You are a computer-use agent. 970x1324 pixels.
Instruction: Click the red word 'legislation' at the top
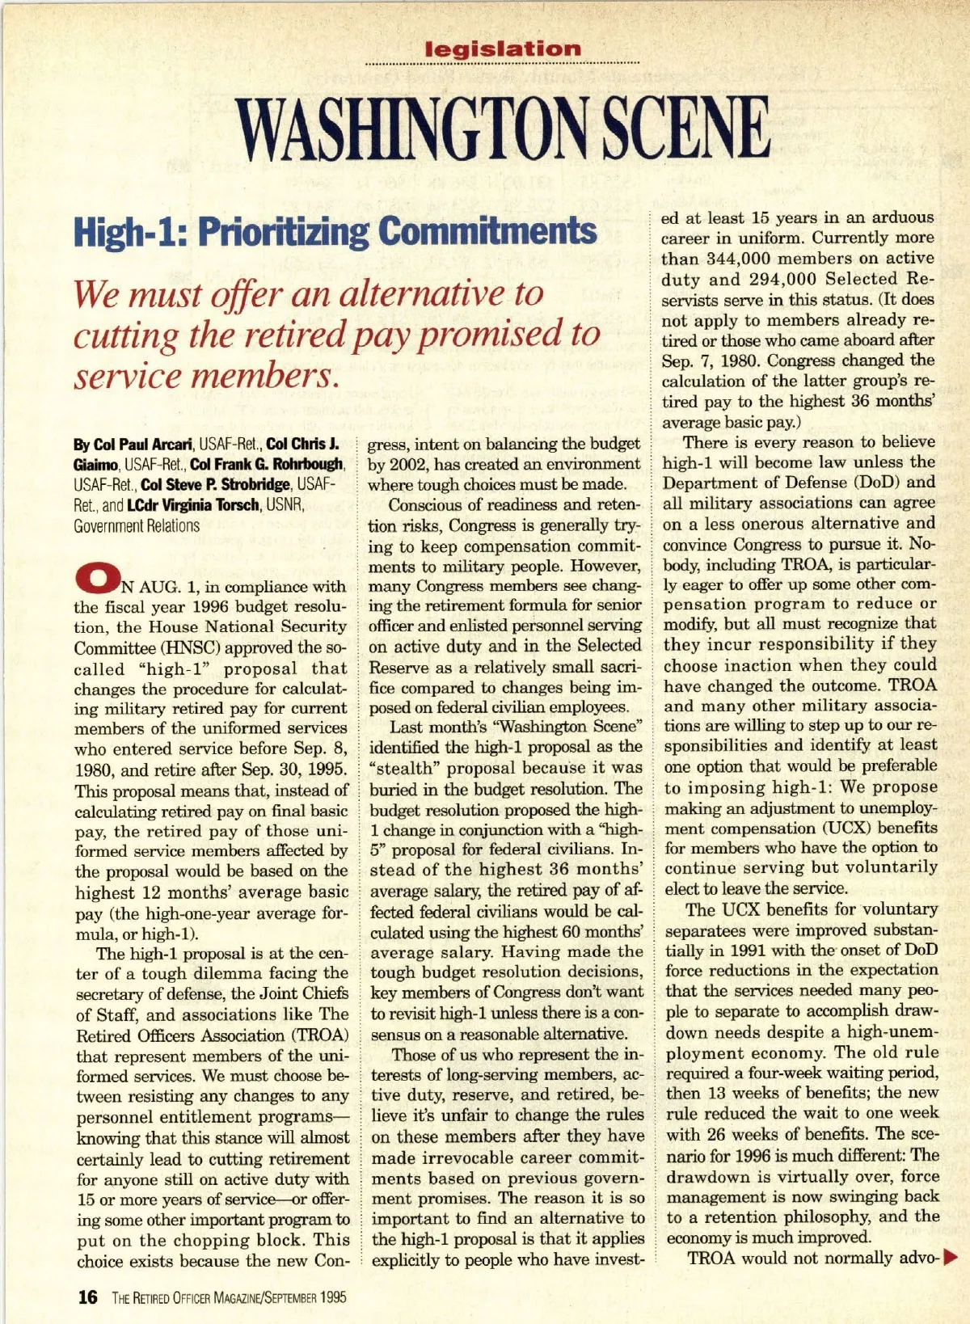(x=503, y=49)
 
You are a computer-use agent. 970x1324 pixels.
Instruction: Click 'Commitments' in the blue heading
(x=487, y=231)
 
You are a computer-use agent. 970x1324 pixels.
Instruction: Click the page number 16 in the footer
(x=86, y=1297)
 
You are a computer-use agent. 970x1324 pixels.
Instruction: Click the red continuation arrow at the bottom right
(x=950, y=1257)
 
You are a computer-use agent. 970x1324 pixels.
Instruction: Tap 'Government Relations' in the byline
(x=137, y=525)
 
